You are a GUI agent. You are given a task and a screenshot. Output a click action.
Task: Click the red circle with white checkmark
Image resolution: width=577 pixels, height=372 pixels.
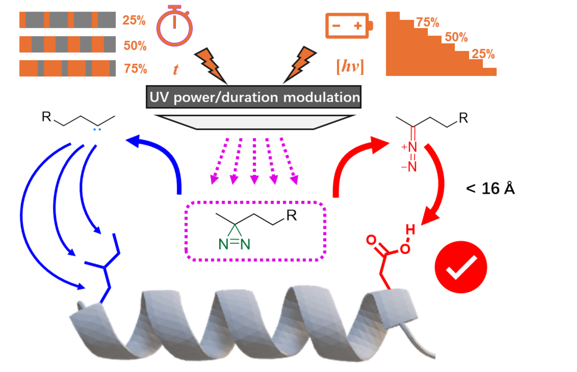click(x=461, y=267)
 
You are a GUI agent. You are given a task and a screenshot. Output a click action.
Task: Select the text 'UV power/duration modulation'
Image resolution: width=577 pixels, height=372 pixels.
click(x=254, y=97)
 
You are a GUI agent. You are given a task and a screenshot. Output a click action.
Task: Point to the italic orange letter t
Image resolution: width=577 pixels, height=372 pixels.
click(x=176, y=69)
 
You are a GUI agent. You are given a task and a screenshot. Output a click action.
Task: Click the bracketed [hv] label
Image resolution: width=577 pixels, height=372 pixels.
click(x=350, y=67)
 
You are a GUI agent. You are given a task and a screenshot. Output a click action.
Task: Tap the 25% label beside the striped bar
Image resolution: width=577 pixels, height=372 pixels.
click(x=134, y=20)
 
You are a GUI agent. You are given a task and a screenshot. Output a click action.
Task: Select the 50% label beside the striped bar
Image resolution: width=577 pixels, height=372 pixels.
click(x=135, y=45)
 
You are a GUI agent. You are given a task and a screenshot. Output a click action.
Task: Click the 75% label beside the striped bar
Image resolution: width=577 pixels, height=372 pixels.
click(x=135, y=69)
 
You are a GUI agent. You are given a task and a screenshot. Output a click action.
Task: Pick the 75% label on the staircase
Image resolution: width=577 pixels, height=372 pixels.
click(x=428, y=23)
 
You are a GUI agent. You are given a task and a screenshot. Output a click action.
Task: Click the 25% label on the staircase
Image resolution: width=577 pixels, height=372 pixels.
click(x=483, y=54)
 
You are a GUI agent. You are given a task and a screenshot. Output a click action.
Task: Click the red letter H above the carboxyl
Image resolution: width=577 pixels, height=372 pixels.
click(x=410, y=229)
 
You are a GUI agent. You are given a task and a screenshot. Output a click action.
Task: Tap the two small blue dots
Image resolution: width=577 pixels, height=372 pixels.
click(x=97, y=129)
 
